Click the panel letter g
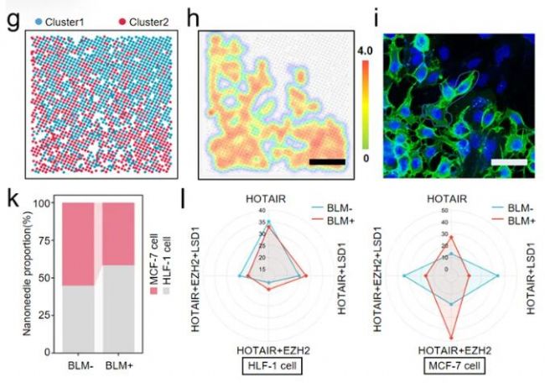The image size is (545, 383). pos(12,16)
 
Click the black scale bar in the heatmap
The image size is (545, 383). pos(327,159)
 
